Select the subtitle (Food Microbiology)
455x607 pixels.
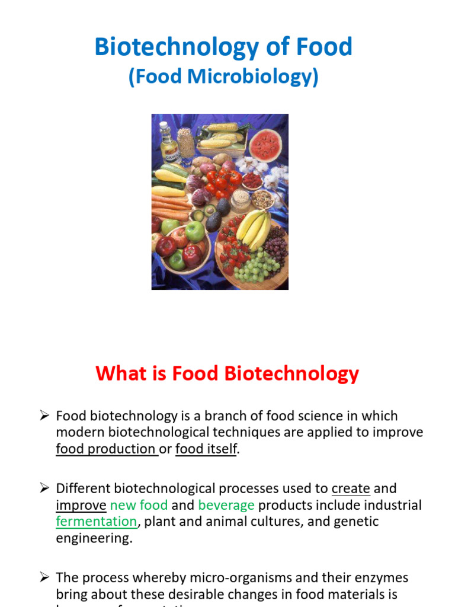point(223,78)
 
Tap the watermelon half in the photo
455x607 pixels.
point(265,145)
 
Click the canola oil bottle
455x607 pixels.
point(170,142)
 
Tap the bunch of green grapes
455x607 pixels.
point(257,266)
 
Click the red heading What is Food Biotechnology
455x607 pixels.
point(227,374)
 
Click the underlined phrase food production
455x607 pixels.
point(106,449)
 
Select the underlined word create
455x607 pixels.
point(351,489)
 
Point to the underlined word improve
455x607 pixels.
point(81,506)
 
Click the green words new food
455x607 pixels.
point(139,506)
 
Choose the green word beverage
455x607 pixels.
point(226,506)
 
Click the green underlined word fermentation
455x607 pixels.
point(96,522)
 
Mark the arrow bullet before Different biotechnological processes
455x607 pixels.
point(44,488)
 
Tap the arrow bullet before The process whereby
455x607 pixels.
point(44,577)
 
